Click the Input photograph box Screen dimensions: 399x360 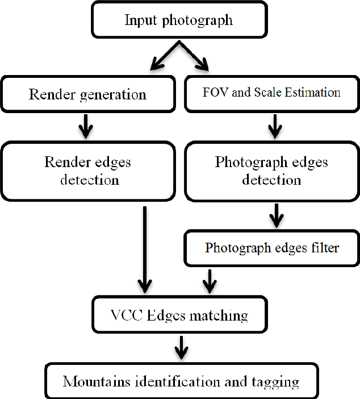(x=178, y=20)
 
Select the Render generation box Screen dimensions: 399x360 (x=87, y=94)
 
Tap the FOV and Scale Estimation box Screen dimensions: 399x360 (x=271, y=93)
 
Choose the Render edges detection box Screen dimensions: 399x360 (x=87, y=171)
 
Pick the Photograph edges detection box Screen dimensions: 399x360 (x=271, y=171)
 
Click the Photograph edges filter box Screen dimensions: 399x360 (x=271, y=248)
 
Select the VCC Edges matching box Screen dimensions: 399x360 (x=178, y=314)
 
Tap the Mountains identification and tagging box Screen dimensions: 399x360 (x=181, y=381)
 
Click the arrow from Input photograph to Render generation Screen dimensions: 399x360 (x=161, y=56)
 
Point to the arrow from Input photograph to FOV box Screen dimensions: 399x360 (x=196, y=56)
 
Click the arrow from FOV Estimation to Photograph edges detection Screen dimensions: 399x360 (x=274, y=126)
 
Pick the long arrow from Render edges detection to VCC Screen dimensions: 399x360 (x=145, y=250)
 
